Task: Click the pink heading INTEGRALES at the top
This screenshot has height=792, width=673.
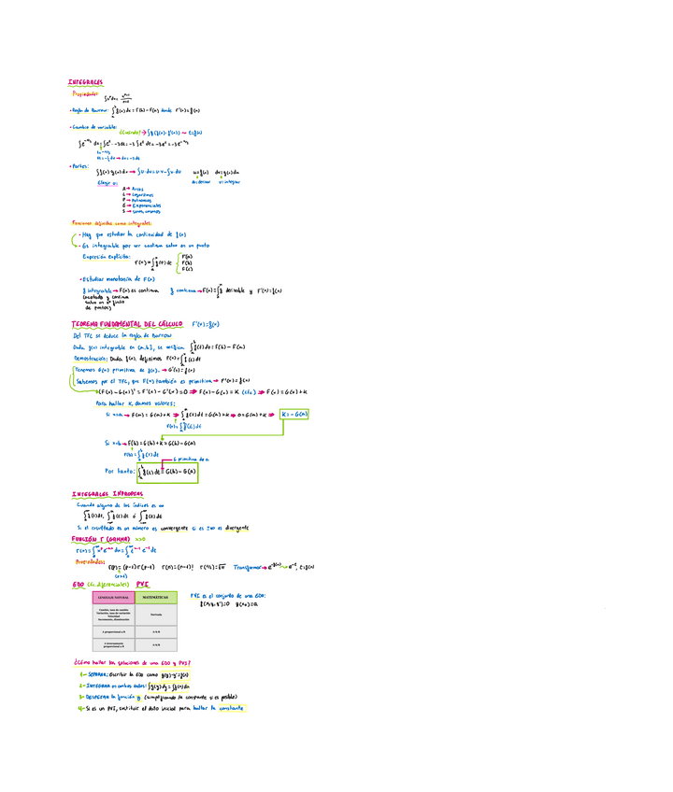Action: click(85, 82)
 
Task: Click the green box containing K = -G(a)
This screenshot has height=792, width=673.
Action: click(294, 413)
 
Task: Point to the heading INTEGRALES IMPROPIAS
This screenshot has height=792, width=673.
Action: click(107, 493)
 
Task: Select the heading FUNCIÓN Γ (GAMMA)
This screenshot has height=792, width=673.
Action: click(100, 539)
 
